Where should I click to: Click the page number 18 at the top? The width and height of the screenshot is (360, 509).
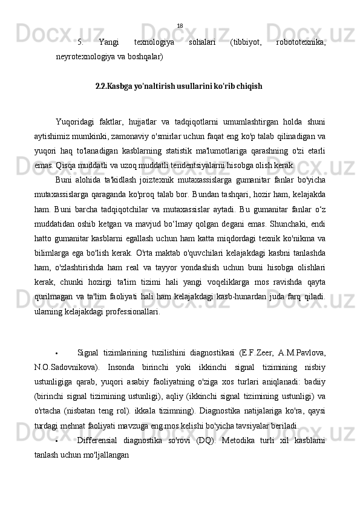(180, 26)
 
